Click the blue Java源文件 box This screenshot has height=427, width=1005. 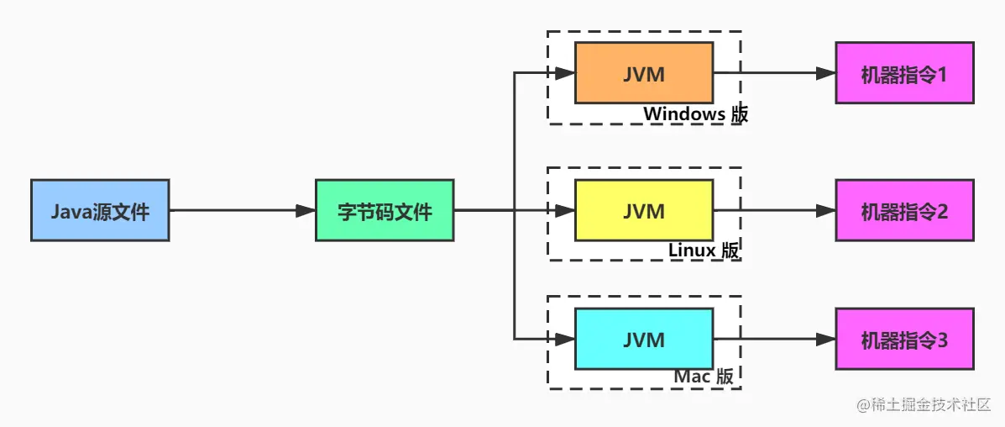point(100,210)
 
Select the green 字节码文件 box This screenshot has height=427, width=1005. point(385,210)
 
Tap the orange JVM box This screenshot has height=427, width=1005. point(644,73)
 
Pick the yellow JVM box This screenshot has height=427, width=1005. point(644,210)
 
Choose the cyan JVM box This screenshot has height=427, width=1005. point(644,339)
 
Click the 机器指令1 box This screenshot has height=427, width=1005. point(904,73)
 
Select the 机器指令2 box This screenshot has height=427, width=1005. point(904,210)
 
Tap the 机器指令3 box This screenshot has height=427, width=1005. point(904,339)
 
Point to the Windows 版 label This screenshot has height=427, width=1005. point(695,113)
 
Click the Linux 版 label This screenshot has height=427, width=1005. point(704,250)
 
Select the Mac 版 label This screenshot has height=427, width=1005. point(704,377)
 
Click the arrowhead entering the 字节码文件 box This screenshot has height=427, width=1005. point(306,210)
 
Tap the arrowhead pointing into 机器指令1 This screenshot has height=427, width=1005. point(825,73)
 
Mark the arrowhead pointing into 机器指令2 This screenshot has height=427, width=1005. point(825,210)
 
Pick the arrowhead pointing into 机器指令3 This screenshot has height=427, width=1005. point(825,339)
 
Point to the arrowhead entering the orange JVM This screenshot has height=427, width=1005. point(565,73)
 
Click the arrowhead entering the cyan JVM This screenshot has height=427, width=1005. point(565,339)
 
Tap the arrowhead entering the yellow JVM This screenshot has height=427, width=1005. point(565,210)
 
